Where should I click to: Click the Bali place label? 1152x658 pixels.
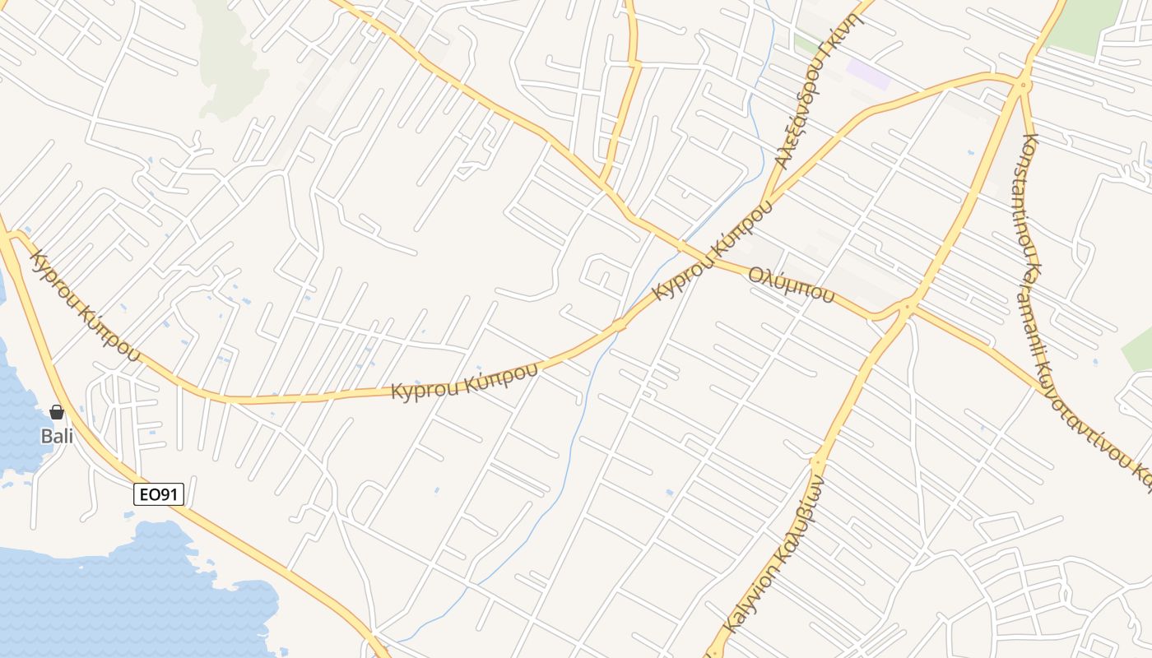tap(57, 436)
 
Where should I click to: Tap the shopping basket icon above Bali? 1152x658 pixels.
tap(57, 412)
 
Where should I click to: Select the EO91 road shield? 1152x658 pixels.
tap(159, 494)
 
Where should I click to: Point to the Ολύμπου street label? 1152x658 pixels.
tap(791, 285)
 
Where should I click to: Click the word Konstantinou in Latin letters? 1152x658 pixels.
tap(1031, 197)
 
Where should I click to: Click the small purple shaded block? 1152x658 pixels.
tap(869, 73)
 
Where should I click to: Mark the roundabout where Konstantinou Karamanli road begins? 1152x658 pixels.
tap(1024, 84)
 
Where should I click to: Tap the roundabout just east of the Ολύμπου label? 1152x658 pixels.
tap(907, 309)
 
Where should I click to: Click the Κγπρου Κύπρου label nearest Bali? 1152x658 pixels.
tap(82, 306)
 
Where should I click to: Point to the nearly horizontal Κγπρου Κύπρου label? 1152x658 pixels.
tap(464, 380)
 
